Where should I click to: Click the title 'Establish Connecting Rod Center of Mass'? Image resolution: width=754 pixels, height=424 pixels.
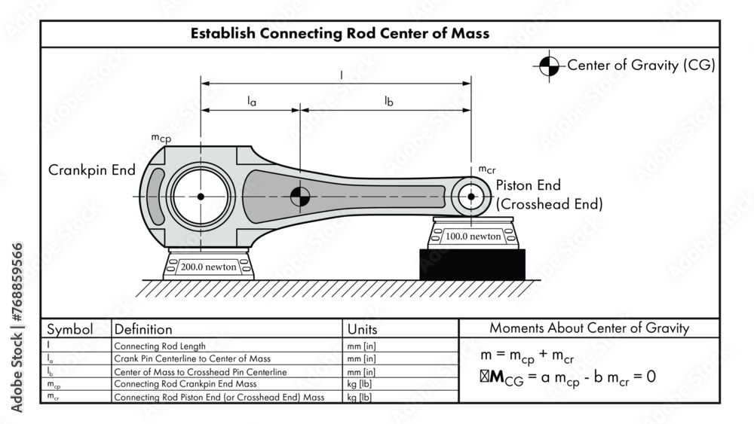click(x=339, y=33)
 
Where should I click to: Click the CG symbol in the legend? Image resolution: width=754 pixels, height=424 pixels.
click(x=548, y=66)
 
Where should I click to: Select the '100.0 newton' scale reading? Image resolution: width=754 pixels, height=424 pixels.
click(x=473, y=236)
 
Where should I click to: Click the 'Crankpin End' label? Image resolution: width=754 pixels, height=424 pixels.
click(x=92, y=170)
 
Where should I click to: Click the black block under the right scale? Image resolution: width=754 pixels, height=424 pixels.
click(x=472, y=264)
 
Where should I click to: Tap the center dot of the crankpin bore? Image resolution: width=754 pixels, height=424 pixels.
click(x=201, y=197)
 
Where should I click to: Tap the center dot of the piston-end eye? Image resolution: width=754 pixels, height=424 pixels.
click(x=471, y=197)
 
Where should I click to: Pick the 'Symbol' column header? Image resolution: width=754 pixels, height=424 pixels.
click(x=70, y=329)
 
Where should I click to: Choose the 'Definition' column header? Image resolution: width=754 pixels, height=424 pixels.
click(x=143, y=329)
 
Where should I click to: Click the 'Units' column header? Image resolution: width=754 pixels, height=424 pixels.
click(x=362, y=329)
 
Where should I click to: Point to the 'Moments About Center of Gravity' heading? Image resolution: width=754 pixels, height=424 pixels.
click(x=589, y=328)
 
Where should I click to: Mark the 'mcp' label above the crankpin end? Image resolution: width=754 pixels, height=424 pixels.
click(x=161, y=138)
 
